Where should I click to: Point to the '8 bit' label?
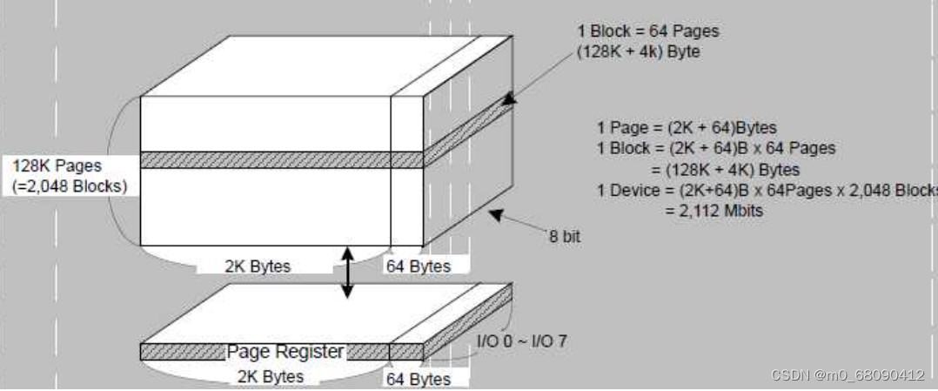point(565,236)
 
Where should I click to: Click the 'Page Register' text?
point(285,352)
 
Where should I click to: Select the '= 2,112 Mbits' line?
point(708,211)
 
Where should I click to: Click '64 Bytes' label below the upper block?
point(419,266)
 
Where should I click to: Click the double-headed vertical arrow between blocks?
point(347,273)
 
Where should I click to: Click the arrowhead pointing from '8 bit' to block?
point(496,212)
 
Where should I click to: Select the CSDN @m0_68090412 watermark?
point(848,375)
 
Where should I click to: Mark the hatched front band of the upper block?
point(265,160)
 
